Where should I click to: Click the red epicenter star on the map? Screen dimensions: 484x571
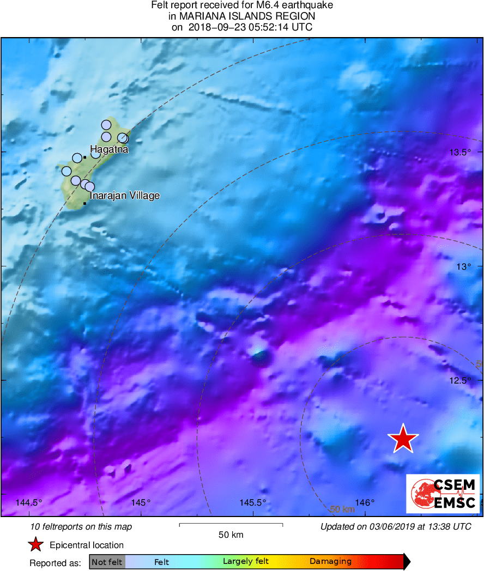(403, 438)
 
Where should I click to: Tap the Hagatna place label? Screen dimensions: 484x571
(109, 149)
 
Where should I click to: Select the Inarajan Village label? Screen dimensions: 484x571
(124, 195)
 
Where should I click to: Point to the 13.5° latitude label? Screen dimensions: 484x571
(459, 153)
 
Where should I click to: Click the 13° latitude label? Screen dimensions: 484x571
(463, 266)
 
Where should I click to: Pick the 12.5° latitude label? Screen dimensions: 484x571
(459, 380)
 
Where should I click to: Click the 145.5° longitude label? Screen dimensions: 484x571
(253, 502)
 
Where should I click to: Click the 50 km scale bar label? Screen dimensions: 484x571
(231, 535)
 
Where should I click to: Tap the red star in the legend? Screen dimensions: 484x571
(36, 544)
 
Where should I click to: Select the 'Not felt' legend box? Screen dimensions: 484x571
(107, 562)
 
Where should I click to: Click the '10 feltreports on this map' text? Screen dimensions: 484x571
(81, 526)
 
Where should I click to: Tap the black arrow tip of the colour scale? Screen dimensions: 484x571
(407, 562)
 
